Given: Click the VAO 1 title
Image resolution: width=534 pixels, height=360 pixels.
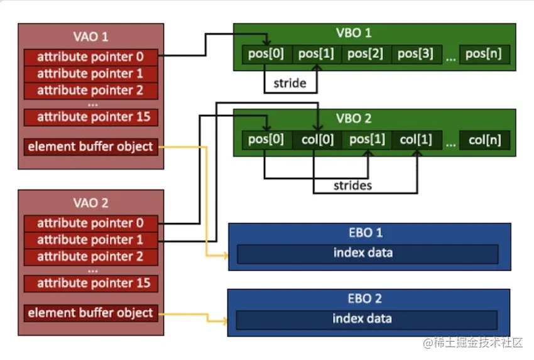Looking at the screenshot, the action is point(90,36).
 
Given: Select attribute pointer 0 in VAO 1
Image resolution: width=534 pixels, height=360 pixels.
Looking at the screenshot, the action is point(90,57).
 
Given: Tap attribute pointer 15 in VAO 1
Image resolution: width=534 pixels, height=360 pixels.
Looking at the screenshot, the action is point(90,117).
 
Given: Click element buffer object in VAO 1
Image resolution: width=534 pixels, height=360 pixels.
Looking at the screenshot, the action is point(90,147).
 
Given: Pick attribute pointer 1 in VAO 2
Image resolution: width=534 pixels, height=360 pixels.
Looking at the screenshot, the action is point(90,240).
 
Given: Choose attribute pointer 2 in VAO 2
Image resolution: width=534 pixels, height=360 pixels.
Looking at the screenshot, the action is point(90,257).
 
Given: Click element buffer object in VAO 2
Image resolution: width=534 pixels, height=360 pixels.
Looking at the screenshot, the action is point(90,313).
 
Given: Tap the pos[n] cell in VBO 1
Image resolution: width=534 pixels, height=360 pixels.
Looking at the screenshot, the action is point(484,54).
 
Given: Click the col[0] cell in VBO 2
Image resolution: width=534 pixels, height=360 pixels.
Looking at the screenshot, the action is point(317,140).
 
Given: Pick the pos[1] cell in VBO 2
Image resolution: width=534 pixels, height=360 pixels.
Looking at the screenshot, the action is point(367,140).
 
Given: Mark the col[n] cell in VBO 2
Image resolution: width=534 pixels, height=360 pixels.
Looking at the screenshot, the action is point(484,140).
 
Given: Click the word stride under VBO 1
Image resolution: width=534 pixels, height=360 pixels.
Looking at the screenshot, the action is point(290,83).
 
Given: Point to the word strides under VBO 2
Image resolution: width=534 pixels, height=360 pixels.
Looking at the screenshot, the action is point(352,185).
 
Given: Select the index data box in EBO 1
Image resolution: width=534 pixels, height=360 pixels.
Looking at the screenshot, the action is point(368,254).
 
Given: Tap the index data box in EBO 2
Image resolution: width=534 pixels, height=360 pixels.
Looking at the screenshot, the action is point(367,320).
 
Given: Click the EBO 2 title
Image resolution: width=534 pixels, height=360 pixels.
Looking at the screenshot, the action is point(364,298).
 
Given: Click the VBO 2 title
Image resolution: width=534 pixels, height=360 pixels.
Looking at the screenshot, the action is point(354,119).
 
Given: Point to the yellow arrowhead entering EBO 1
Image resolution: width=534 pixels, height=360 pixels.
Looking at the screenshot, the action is point(225,256).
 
